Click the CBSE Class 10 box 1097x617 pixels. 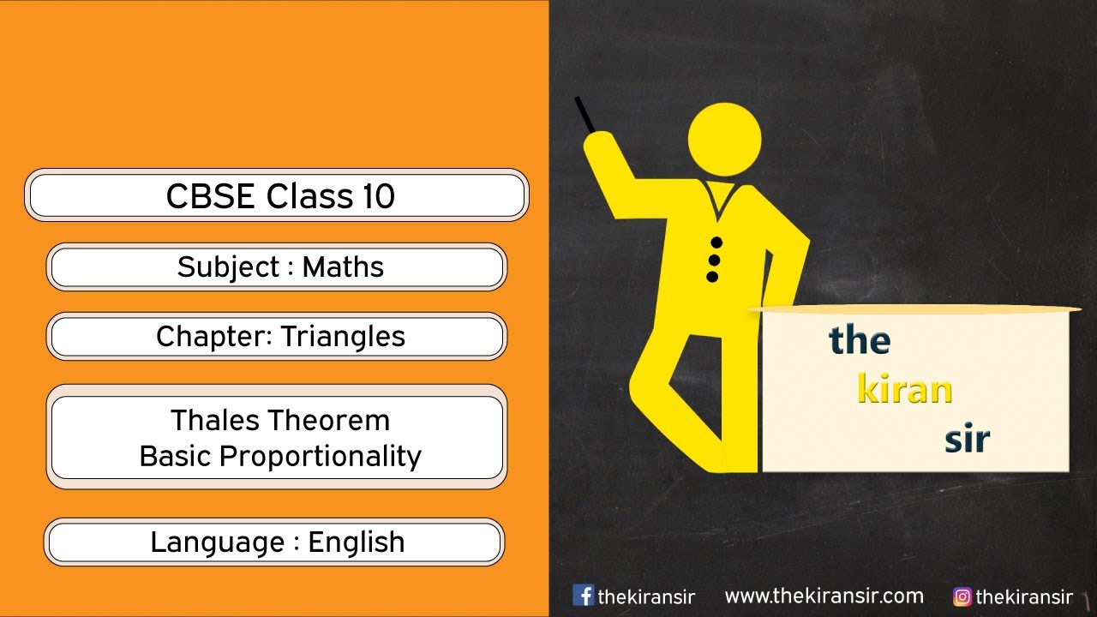(277, 195)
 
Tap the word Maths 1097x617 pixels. (343, 267)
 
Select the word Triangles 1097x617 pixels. (343, 337)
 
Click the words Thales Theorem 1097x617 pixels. (279, 421)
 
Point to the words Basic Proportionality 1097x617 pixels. (279, 457)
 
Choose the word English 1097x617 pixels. (356, 542)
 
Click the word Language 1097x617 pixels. (218, 542)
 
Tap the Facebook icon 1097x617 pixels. (583, 596)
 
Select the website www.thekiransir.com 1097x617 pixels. (824, 596)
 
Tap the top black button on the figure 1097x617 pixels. (716, 243)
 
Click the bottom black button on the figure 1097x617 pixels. (711, 277)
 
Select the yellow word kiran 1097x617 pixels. (905, 390)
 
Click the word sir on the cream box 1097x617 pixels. (967, 440)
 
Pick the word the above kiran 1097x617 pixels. (860, 341)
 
